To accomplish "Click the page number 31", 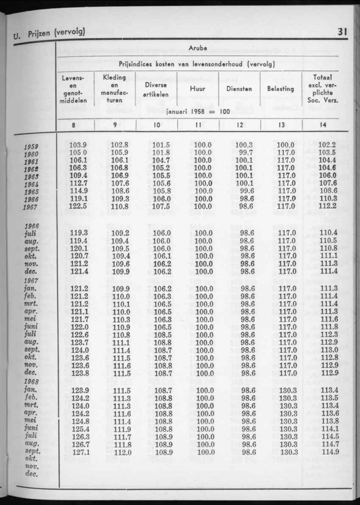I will [343, 31].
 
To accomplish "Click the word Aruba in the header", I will [199, 48].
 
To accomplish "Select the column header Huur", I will [198, 89].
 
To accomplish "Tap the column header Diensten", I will [239, 89].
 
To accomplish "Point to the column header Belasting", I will [280, 89].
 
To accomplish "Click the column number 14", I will [323, 125].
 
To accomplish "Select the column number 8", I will [74, 125].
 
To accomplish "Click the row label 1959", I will [31, 147].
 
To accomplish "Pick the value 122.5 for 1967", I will [78, 207].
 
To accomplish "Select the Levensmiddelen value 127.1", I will [78, 452].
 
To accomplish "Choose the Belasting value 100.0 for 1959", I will [285, 145].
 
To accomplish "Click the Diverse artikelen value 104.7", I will [161, 160].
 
